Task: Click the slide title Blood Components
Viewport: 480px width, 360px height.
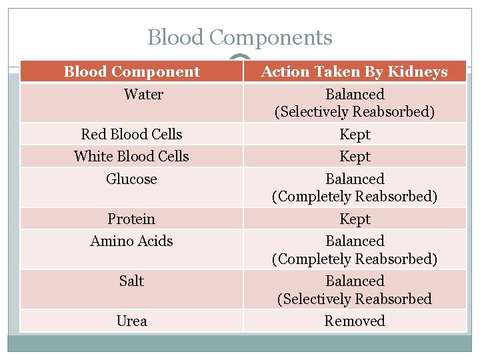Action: pos(239,37)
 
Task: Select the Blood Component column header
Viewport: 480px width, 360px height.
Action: pos(131,71)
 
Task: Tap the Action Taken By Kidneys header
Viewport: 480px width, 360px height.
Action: pos(354,71)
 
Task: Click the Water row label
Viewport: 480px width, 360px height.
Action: pos(143,94)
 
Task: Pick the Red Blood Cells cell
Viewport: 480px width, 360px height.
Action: pos(131,134)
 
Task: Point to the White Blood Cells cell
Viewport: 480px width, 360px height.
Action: pos(131,156)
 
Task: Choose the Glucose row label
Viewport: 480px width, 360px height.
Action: pos(131,179)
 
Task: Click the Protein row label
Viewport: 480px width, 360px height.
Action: pos(131,219)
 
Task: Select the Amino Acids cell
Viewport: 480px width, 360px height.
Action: pos(131,241)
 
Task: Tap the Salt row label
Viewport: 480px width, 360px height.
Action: pos(131,281)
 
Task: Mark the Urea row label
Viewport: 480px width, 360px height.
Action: pos(131,321)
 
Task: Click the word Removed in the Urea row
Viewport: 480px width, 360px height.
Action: pos(355,321)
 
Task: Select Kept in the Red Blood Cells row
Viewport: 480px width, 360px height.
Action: pos(355,134)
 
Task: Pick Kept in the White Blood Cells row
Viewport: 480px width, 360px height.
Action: pos(355,156)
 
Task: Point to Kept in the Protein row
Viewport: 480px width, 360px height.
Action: pos(355,219)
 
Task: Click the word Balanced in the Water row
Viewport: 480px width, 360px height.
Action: pos(355,94)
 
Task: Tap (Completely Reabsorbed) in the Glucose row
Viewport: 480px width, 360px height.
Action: pos(355,197)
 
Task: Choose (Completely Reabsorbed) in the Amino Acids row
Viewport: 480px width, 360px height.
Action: pos(355,259)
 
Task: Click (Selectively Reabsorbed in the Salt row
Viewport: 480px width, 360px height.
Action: pos(355,299)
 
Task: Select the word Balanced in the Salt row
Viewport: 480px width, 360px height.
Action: pos(355,281)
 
